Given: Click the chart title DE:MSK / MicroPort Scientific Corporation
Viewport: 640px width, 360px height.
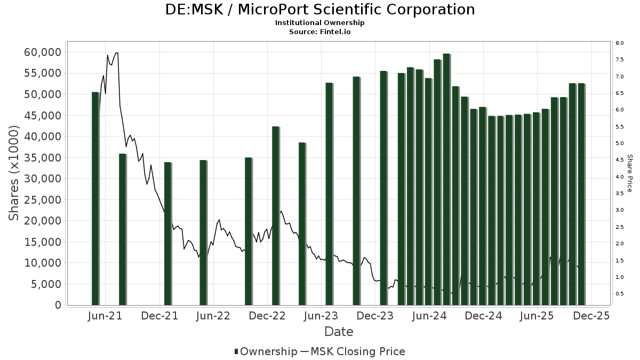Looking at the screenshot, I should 320,10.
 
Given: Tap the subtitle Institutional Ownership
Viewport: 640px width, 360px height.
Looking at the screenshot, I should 320,23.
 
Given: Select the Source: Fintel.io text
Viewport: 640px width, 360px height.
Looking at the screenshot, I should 320,32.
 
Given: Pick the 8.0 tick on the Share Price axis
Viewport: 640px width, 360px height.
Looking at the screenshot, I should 619,43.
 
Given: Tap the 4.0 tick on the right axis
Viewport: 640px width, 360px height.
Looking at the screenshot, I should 619,177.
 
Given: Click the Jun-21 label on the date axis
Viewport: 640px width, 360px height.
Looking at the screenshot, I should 105,316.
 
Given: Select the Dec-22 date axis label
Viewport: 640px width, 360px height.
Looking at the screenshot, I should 268,316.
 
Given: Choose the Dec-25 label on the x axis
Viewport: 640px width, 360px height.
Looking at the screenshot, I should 591,316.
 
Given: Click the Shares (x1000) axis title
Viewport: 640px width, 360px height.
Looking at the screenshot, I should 14,173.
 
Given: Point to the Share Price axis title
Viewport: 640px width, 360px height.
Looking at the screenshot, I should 629,173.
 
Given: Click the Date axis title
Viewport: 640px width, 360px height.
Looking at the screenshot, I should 339,332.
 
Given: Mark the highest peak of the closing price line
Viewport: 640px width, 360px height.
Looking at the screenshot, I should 116,53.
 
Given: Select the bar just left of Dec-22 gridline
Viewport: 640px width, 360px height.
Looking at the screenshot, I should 248,231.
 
